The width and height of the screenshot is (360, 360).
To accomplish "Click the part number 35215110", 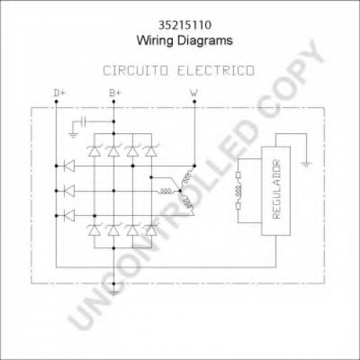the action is coord(185,25).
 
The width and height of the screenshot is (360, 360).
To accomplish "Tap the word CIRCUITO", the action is coord(135,71).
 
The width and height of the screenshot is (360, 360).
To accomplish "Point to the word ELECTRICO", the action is coord(216,71).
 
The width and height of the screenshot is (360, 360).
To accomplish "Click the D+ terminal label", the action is coord(60,93).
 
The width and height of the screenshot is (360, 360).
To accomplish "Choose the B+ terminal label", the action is coord(115,93).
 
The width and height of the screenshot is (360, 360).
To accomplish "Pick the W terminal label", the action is coord(194,93).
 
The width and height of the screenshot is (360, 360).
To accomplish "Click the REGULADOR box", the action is coord(276,191).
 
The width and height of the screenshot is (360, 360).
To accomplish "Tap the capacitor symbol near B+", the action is coord(83,122).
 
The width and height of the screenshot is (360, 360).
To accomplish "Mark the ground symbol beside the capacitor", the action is coord(73,135).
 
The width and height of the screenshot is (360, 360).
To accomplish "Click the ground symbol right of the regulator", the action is coord(307,164).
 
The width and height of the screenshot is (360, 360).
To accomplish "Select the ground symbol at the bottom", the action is coord(114,293).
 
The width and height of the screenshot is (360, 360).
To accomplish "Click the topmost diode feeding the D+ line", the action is coord(70,166).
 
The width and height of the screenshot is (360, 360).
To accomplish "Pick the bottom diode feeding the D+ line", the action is coord(70,215).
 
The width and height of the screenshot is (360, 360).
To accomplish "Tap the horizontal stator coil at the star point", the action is coord(166,191).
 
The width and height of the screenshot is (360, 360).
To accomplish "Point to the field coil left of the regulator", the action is coord(238,191).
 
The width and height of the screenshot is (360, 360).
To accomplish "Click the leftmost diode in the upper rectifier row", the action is coord(94,151).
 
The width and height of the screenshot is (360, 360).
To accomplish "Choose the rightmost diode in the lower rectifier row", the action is coord(151,230).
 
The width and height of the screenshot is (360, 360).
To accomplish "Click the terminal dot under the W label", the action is coord(194,102).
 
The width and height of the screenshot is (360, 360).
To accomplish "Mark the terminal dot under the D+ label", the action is coord(56,102).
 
